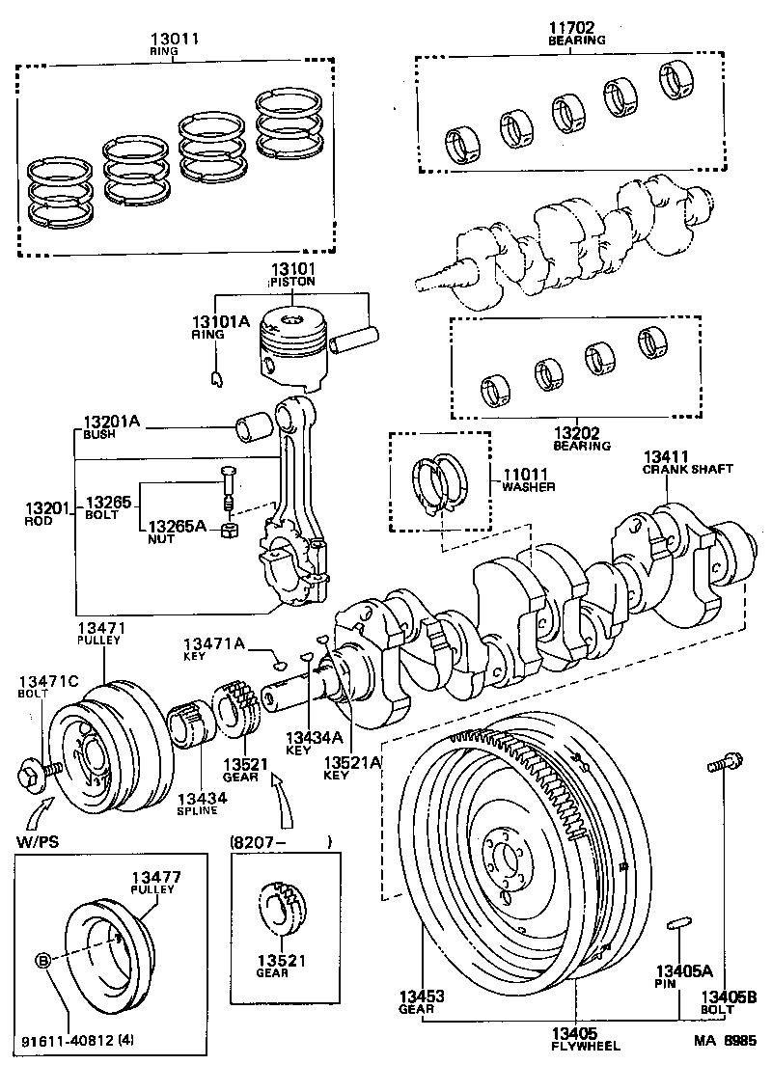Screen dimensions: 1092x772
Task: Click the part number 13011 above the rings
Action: pos(175,41)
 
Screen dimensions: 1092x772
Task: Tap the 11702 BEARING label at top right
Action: pos(576,35)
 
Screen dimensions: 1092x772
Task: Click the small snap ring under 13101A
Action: pos(218,376)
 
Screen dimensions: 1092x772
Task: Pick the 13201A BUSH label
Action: pos(111,427)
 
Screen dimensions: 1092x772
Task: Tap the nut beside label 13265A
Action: pos(231,530)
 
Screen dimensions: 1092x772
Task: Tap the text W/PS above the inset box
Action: pos(37,841)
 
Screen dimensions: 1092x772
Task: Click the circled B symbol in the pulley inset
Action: pos(43,959)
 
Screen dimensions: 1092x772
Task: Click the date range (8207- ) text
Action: pos(280,841)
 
